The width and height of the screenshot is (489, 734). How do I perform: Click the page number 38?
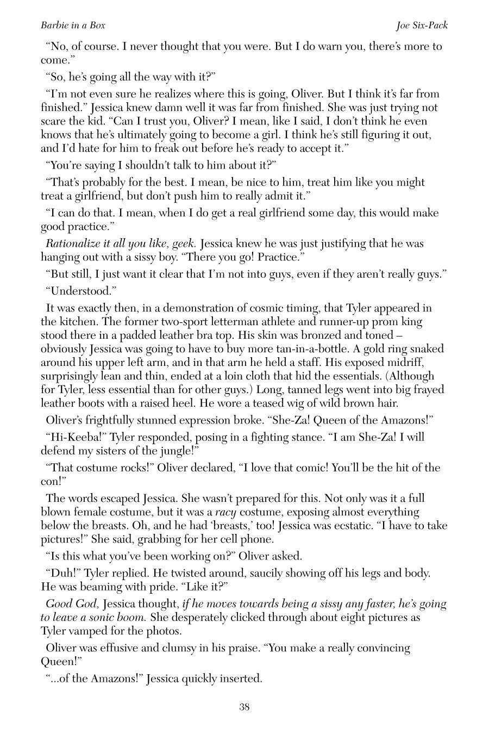click(x=244, y=707)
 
